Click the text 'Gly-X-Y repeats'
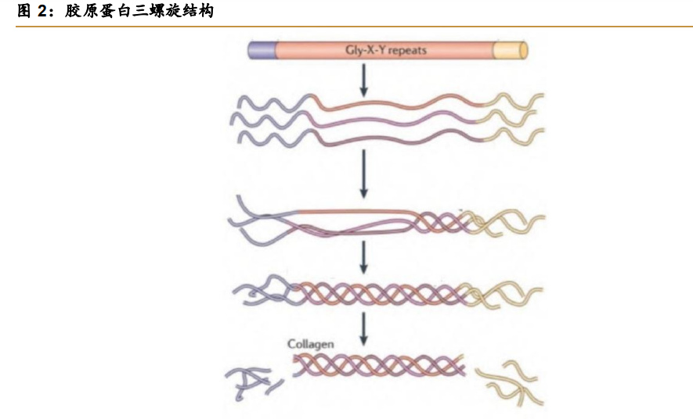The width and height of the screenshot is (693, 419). pos(386,50)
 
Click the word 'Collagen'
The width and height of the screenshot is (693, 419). pos(310,344)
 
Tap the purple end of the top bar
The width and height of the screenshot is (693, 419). pos(262,50)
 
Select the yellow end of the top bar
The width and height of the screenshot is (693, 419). pos(510,50)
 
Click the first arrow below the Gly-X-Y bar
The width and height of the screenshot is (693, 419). pos(364,80)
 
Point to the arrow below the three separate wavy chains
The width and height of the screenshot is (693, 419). pos(364,174)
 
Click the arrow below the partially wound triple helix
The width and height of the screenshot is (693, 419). pos(364,257)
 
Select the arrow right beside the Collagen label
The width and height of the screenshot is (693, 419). pos(364,329)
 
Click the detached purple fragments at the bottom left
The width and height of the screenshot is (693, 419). pos(252,382)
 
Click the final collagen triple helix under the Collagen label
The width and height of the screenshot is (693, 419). pos(379,366)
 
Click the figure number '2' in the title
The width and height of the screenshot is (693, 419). pos(42,11)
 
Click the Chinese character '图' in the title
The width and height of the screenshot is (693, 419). pos(24,11)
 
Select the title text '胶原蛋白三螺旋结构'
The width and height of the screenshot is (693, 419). pos(139,11)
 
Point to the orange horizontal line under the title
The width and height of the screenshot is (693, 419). pos(354,27)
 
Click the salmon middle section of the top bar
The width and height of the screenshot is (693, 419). pos(384,50)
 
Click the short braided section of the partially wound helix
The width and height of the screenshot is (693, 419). pos(439,222)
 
